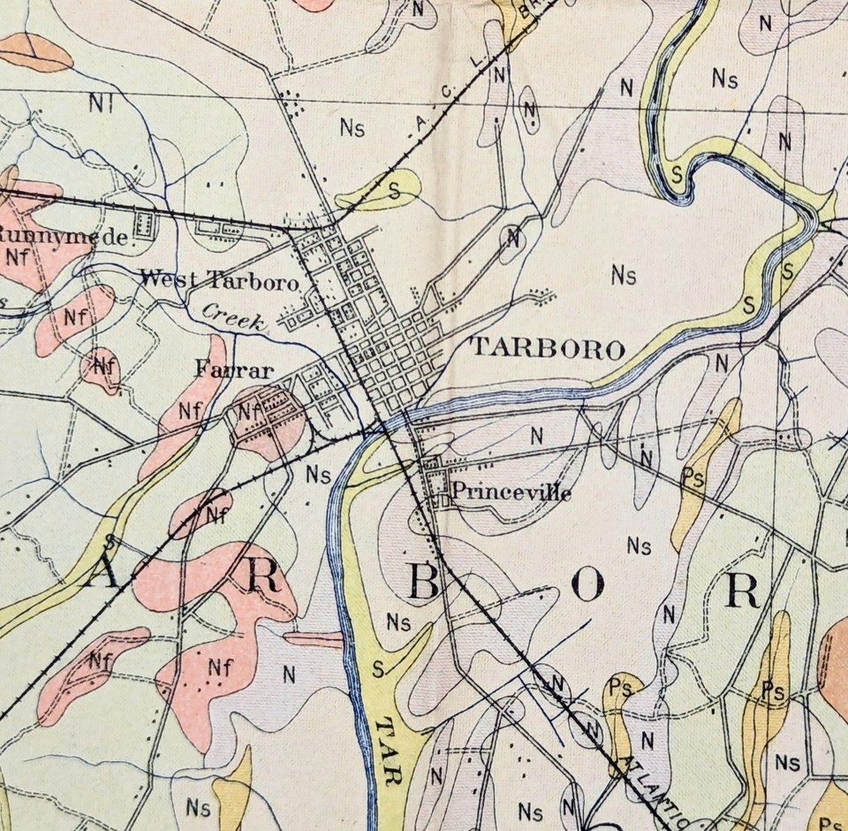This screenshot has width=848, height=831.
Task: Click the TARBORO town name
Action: click(x=548, y=348)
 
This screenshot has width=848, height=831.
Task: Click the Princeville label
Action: click(x=511, y=492)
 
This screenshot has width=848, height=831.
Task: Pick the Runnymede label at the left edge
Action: click(x=67, y=236)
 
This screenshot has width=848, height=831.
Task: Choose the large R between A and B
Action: click(x=262, y=578)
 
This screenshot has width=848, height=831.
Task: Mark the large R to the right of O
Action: click(x=741, y=591)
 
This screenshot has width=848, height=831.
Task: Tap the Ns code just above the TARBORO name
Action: click(x=624, y=276)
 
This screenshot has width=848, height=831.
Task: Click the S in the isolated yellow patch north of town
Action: click(x=394, y=189)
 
